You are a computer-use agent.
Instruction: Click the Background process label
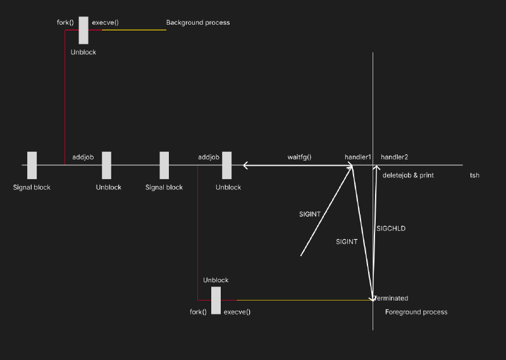click(x=198, y=23)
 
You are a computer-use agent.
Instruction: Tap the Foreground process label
click(x=416, y=312)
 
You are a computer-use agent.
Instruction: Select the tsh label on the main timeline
click(x=475, y=175)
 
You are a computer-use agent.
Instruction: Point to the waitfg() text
click(x=299, y=158)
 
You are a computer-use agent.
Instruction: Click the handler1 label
click(x=358, y=157)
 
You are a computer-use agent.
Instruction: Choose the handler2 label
click(x=394, y=157)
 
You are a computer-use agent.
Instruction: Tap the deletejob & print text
click(x=408, y=175)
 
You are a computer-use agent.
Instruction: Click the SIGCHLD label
click(x=391, y=228)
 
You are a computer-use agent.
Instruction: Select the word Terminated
click(x=391, y=298)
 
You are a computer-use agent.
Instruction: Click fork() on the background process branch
click(x=65, y=23)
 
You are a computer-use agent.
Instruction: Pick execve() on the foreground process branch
click(x=237, y=312)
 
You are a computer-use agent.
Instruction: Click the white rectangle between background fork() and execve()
click(x=83, y=30)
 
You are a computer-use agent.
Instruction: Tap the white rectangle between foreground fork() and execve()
click(x=216, y=301)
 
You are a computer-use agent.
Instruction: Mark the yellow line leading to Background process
click(x=134, y=30)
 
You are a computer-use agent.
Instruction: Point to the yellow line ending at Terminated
click(x=305, y=301)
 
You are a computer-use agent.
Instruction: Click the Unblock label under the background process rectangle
click(x=83, y=53)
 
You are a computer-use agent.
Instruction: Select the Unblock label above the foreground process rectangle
click(x=216, y=280)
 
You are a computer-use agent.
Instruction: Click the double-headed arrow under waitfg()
click(x=298, y=166)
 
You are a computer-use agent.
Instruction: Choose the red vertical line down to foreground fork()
click(x=198, y=233)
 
